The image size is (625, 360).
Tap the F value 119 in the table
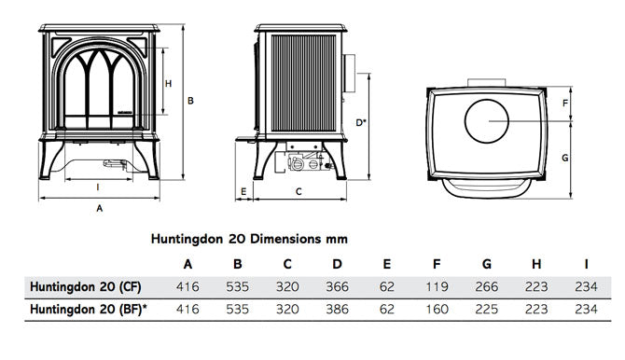pos(437,285)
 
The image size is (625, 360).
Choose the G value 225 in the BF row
pos(487,309)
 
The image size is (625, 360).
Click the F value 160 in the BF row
pos(437,309)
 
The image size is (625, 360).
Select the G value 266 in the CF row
pos(487,285)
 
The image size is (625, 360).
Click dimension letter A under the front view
pos(99,210)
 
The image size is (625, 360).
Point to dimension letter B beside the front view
pos(190,100)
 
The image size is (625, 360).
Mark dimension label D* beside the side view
pos(361,121)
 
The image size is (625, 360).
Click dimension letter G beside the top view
pos(564,159)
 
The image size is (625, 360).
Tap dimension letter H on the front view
pos(169,84)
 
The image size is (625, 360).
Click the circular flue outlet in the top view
pos(487,119)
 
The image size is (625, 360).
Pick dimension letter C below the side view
pos(298,192)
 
